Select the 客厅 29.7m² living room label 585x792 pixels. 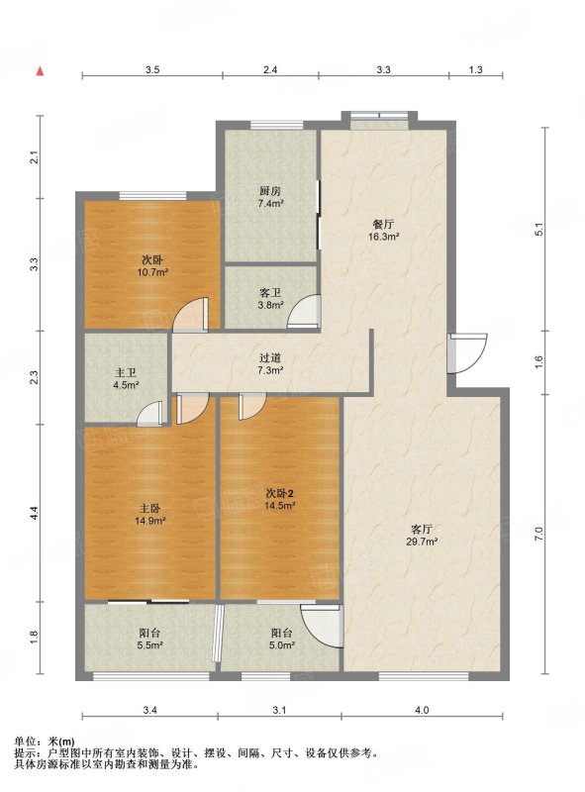[x=422, y=536]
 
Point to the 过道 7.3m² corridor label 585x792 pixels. [x=270, y=363]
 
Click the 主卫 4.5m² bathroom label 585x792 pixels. [x=126, y=379]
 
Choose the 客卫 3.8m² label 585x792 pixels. [x=270, y=299]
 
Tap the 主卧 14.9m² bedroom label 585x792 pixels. [x=150, y=514]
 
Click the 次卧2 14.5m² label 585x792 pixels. [x=280, y=499]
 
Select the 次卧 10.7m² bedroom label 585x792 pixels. [x=152, y=266]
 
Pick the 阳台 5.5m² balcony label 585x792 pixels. [x=149, y=639]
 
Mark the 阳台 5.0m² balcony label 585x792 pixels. [x=281, y=639]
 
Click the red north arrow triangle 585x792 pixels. [x=40, y=71]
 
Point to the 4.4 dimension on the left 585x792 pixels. [x=33, y=514]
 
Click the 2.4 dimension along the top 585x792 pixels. [x=270, y=69]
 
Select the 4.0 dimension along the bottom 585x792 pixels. [x=422, y=710]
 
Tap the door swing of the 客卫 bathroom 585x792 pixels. [x=304, y=312]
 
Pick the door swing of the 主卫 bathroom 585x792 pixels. [x=150, y=414]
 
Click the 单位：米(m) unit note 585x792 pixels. [x=45, y=742]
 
